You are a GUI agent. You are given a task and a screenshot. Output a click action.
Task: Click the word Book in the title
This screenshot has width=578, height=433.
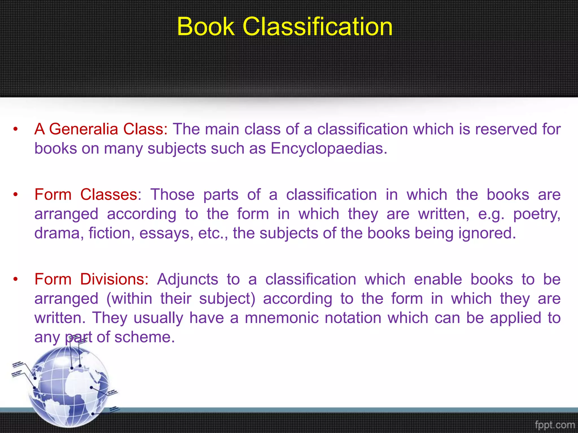point(206,26)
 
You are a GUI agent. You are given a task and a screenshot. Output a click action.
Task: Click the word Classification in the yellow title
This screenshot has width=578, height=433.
point(318,26)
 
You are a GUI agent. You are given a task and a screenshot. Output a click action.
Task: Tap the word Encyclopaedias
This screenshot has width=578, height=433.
point(329,149)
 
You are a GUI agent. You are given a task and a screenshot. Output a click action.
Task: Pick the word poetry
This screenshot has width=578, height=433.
point(536,214)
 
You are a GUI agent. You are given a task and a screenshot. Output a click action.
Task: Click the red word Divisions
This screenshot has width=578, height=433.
point(114,279)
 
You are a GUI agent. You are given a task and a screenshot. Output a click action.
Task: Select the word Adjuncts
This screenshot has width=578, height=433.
point(187,279)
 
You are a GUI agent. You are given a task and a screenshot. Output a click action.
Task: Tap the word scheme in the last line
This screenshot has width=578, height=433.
point(144,337)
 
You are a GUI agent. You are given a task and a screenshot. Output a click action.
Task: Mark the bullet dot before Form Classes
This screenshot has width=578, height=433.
point(16,195)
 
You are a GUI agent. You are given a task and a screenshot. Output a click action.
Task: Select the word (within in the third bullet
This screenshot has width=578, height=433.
point(129,299)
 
